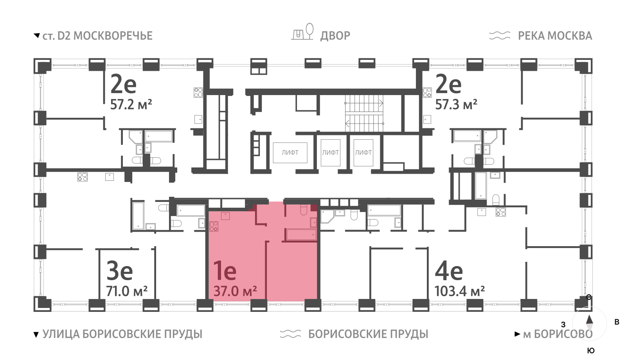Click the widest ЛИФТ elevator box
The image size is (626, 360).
[x=290, y=153]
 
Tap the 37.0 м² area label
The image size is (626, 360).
[x=235, y=291]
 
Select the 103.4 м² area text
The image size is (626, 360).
[x=460, y=291]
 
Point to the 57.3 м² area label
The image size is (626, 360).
[x=456, y=104]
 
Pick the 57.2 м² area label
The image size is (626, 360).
[x=131, y=104]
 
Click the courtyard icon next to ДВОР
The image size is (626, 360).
[x=302, y=32]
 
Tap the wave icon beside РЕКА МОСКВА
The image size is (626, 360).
[x=500, y=36]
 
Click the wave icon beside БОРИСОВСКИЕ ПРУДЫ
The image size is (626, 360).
[x=290, y=334]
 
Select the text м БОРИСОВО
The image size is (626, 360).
[x=558, y=334]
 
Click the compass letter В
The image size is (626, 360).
[x=617, y=322]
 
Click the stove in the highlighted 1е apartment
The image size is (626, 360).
[x=214, y=227]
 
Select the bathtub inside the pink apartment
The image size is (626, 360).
[x=301, y=235]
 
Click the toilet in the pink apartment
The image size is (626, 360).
[x=303, y=211]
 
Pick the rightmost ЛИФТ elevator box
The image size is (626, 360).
[x=363, y=153]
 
